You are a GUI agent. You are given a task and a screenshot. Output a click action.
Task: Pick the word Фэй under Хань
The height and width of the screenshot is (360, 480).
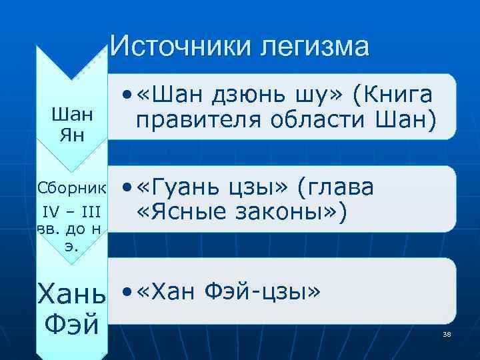pos(71,326)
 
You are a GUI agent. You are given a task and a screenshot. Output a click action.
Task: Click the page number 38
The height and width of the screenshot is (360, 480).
pos(447,333)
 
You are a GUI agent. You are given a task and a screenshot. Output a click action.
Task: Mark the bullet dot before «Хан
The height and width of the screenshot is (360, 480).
pos(127,291)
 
